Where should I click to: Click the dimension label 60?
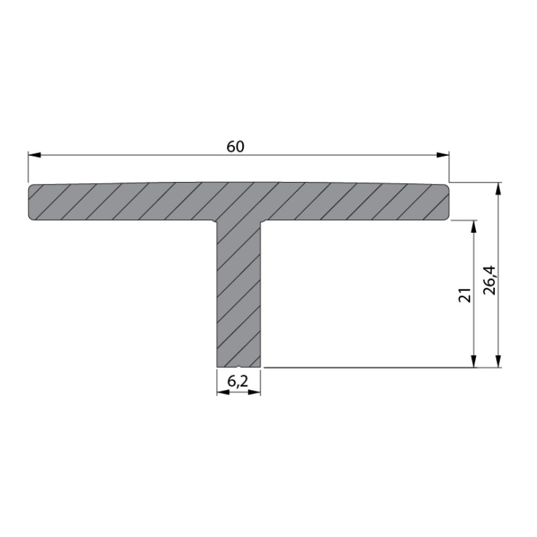click(236, 146)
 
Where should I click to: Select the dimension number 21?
click(465, 294)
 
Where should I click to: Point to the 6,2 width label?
click(238, 381)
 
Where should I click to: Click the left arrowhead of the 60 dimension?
click(35, 155)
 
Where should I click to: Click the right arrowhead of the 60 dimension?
click(442, 155)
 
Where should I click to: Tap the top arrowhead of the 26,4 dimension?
click(498, 189)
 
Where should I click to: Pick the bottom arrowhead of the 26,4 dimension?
click(498, 361)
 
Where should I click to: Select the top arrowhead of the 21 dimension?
click(474, 227)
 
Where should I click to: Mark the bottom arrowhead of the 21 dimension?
click(474, 361)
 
